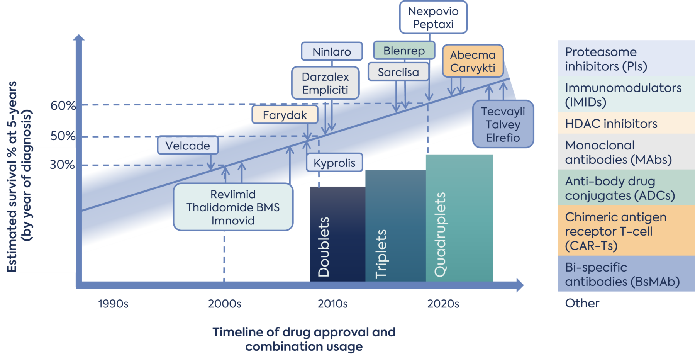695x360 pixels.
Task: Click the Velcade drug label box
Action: [x=188, y=146]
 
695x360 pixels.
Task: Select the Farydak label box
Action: [x=285, y=115]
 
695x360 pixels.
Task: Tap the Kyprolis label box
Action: [x=334, y=163]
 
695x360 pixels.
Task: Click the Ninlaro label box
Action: [x=332, y=52]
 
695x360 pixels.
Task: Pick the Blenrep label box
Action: [x=404, y=51]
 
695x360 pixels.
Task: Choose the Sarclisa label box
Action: [x=398, y=72]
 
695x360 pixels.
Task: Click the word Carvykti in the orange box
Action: [x=473, y=68]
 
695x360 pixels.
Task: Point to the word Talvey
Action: [x=503, y=124]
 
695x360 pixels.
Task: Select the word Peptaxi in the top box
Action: [x=433, y=24]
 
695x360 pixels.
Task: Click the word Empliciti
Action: [x=325, y=90]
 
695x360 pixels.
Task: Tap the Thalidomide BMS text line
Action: [x=233, y=207]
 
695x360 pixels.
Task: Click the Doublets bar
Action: [x=337, y=234]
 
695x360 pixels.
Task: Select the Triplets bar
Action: [x=395, y=226]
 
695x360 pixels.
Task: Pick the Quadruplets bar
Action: [x=459, y=218]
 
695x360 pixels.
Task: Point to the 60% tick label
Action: [x=63, y=105]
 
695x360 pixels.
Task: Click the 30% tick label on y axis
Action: [x=62, y=165]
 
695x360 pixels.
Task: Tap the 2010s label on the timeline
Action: [x=332, y=304]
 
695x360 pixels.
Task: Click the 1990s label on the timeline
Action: [x=113, y=304]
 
